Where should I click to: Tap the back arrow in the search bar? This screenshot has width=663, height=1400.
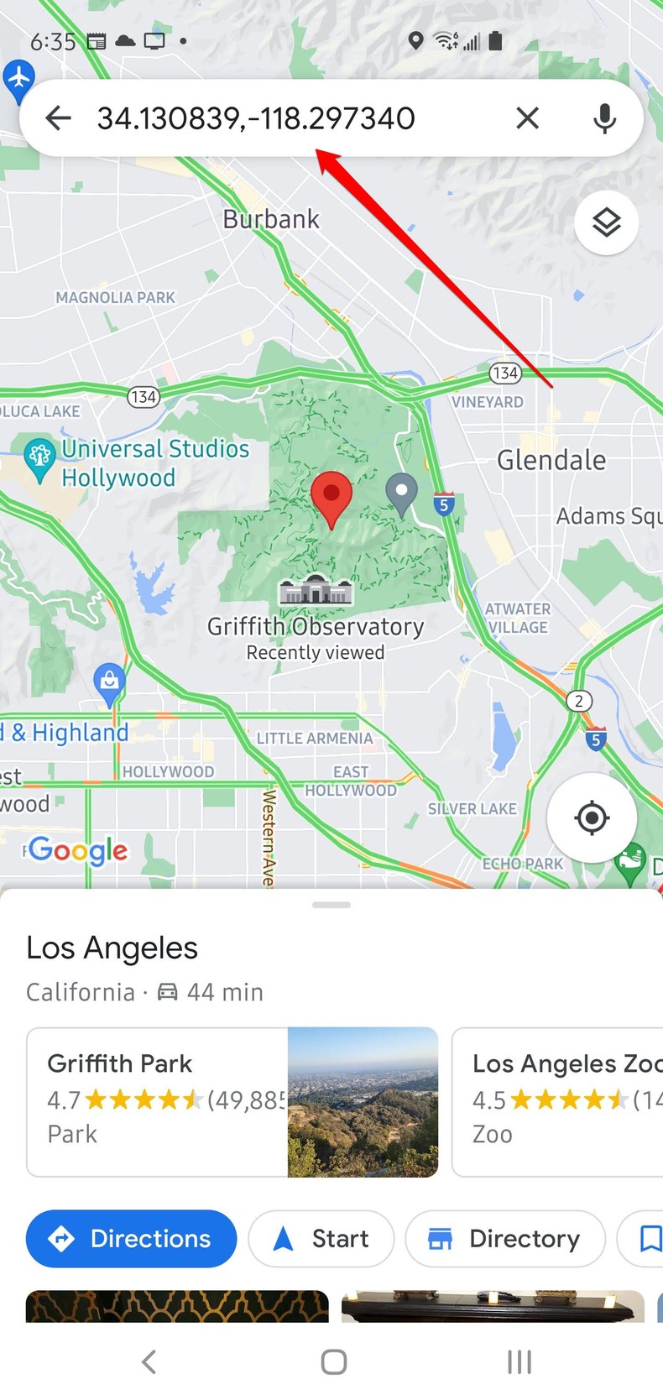click(58, 118)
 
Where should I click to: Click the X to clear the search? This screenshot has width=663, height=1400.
click(527, 118)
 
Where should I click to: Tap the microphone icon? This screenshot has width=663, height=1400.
click(604, 118)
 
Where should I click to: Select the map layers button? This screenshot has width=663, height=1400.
click(606, 222)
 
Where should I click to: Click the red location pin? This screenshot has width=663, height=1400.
click(331, 495)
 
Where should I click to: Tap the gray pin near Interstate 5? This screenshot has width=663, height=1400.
click(401, 493)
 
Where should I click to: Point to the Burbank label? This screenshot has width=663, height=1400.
click(271, 219)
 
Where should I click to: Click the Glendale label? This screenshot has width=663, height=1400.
click(551, 460)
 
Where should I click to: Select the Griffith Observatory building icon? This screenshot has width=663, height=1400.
click(316, 591)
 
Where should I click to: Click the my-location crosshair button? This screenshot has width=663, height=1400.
click(592, 817)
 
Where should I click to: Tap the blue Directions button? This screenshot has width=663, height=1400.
click(131, 1238)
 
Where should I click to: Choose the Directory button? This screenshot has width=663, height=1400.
click(504, 1238)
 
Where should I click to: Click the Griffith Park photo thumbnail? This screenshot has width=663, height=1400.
click(363, 1101)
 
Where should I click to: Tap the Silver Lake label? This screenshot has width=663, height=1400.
click(472, 808)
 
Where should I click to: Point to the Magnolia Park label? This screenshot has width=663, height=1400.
click(115, 297)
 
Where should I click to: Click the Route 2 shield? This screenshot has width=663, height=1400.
click(579, 701)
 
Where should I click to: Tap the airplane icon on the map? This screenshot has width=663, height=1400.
click(18, 78)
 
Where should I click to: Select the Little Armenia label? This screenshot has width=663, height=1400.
click(315, 739)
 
